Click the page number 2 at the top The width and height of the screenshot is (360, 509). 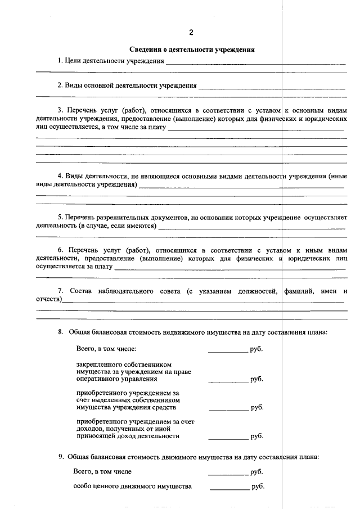pos(191,31)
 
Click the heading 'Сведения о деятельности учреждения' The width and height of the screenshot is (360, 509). pos(192,49)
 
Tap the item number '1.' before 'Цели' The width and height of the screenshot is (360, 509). pos(60,61)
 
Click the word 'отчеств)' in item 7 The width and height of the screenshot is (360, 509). pos(48,300)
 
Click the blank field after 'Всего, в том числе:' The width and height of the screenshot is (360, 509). pos(228,349)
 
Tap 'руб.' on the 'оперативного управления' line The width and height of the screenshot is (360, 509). pos(257,379)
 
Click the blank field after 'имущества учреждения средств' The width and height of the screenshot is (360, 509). pos(228,408)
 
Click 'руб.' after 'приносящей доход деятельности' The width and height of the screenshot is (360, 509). pos(257,436)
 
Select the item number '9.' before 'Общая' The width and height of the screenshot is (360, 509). pos(61,457)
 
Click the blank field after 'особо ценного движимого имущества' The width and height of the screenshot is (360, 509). pos(229,487)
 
